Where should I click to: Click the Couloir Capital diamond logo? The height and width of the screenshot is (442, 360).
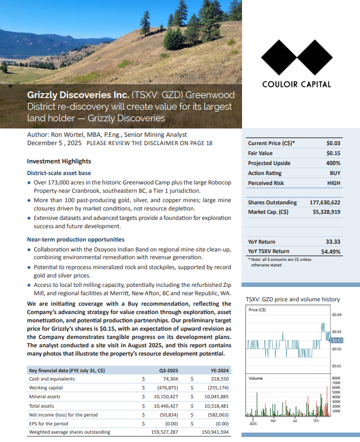296,59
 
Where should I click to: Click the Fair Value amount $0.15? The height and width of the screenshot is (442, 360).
333,153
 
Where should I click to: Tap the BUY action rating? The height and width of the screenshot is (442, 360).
335,173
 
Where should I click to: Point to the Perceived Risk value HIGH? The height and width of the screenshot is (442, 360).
333,183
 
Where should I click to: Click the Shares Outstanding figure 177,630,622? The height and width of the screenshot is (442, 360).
325,202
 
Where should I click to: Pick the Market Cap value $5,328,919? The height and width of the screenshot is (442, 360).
326,212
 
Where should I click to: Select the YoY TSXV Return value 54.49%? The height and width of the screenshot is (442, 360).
330,251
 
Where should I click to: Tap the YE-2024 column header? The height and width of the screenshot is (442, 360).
219,370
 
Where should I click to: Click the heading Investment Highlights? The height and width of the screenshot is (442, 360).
59,161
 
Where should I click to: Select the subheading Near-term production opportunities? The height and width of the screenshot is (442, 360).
75,239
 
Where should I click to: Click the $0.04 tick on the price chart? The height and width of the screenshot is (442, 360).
336,315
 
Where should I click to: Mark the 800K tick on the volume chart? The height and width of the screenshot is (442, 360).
336,377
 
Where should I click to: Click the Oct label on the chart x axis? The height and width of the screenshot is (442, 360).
316,421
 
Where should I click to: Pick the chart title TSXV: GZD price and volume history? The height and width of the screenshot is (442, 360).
292,299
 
